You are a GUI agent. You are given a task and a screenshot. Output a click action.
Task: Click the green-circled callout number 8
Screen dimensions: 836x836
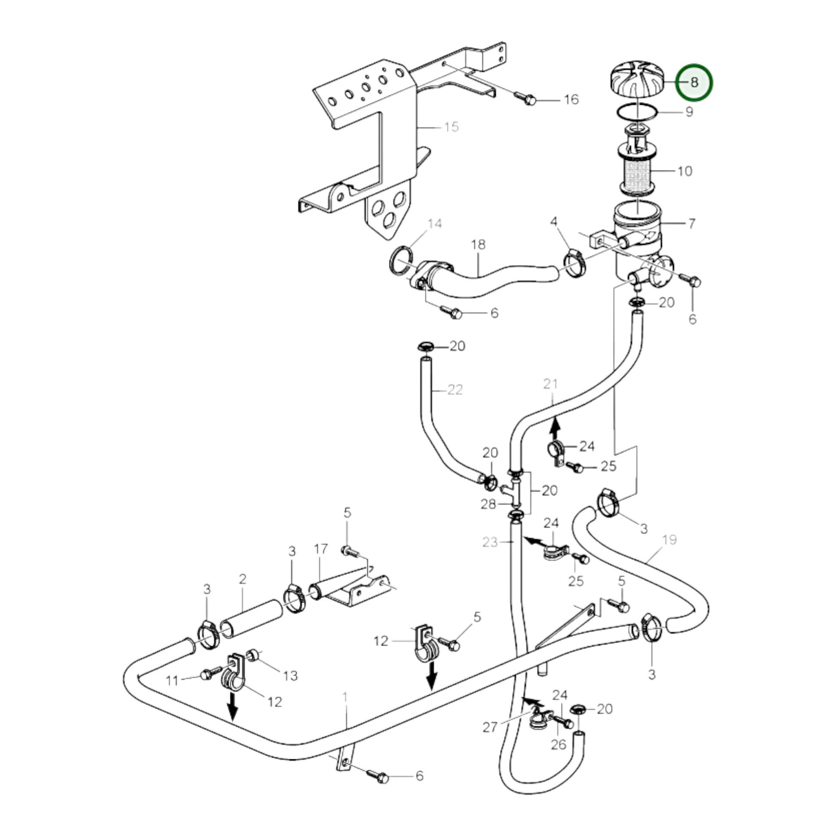point(694,82)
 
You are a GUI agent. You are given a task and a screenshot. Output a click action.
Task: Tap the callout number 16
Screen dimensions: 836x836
point(571,100)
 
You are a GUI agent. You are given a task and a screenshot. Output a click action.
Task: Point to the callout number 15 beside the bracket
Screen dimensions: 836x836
point(451,127)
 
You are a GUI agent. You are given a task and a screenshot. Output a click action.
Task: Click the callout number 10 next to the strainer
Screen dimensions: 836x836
point(684,171)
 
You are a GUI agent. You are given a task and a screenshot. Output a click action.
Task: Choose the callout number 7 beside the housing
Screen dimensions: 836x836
point(692,224)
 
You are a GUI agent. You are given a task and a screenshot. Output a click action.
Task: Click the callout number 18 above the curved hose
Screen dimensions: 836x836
point(478,245)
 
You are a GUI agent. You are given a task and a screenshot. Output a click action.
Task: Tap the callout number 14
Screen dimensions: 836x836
point(434,224)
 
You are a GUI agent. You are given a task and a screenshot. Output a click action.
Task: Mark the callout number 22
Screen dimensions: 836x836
point(455,390)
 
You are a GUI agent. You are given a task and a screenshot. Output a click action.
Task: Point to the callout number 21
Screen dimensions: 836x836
point(550,384)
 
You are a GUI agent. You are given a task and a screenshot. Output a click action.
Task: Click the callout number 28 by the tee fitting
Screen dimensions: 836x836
point(488,504)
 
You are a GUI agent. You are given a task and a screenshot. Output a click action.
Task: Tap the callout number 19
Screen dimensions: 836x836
point(669,540)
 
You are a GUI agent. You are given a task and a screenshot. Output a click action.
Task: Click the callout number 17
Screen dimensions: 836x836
point(320,549)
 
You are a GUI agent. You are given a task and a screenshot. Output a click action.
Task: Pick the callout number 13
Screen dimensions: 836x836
point(290,675)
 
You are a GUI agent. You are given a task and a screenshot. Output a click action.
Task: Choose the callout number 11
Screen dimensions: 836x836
point(172,680)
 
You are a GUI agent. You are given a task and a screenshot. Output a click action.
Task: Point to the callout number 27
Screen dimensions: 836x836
point(490,727)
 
